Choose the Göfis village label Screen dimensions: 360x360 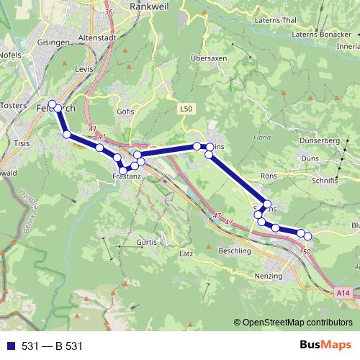click(x=125, y=112)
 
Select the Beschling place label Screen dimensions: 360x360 click(x=234, y=251)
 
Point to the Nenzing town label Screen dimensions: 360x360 click(x=269, y=276)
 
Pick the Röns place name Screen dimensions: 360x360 click(x=268, y=175)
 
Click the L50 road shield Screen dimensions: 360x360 click(x=186, y=109)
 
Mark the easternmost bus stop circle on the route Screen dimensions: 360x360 click(x=308, y=235)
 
